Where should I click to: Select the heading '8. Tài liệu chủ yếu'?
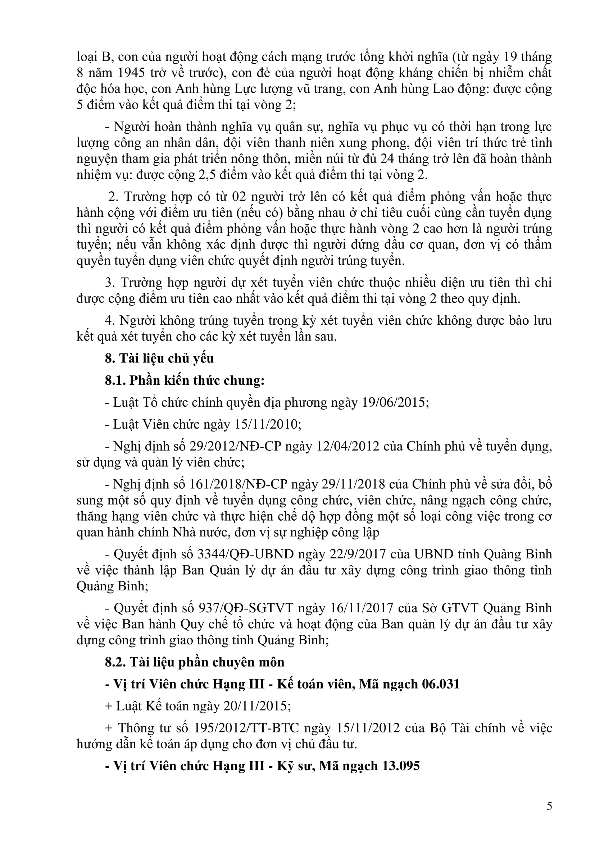coord(159,358)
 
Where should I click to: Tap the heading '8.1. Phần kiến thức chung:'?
coord(185,380)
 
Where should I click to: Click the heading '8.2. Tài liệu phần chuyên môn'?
coord(195,662)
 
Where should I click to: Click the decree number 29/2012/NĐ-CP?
coord(234,446)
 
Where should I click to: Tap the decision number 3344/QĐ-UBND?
coord(245,554)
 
